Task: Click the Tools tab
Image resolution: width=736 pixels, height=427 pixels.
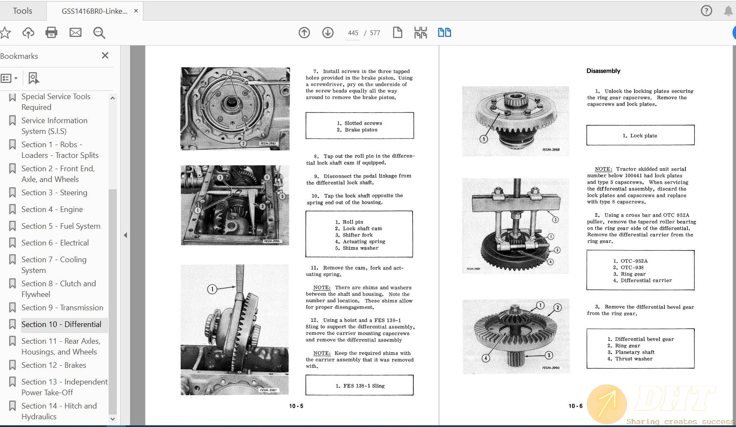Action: point(22,11)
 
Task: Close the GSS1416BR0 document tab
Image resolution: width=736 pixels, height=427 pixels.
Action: point(136,11)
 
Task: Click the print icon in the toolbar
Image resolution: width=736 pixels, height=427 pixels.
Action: point(51,33)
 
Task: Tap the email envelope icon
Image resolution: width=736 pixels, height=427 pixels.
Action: point(76,33)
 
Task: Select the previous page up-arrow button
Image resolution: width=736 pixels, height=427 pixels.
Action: point(304,33)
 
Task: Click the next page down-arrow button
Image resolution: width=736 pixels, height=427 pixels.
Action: point(328,33)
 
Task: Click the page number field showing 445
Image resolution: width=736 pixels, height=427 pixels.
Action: point(353,33)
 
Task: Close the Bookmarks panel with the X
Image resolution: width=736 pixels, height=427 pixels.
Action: point(105,55)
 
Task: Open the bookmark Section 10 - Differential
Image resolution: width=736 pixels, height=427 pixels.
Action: point(61,324)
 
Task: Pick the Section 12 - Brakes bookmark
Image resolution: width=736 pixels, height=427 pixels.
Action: point(54,365)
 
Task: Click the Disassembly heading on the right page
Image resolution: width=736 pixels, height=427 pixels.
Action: point(603,71)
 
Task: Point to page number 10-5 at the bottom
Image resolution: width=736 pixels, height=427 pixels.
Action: point(296,406)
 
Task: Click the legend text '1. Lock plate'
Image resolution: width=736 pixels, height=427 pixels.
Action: point(640,136)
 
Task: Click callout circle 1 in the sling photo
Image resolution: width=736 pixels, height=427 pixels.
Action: point(212,289)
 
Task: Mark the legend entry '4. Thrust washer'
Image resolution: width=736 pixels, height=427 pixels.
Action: point(630,359)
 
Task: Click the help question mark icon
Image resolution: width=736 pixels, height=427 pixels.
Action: point(706,11)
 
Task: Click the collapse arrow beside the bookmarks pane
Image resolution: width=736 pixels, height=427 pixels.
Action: point(125,235)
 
